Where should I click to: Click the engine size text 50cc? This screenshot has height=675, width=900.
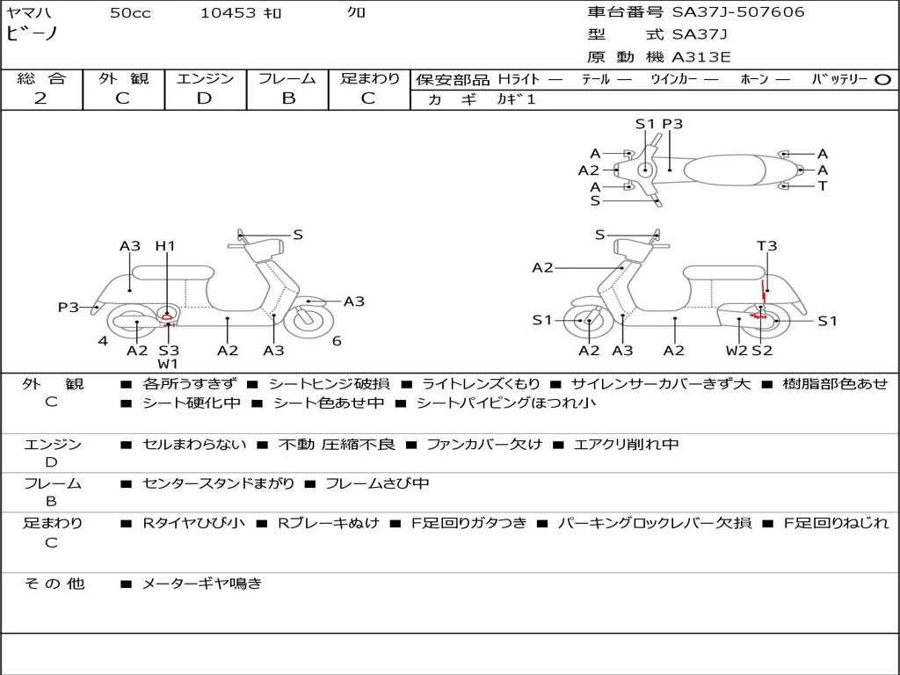[x=130, y=12]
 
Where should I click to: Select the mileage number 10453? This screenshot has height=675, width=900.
[x=228, y=12]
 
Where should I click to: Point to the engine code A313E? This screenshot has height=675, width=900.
[x=700, y=58]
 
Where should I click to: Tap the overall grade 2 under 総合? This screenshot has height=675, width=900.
[x=40, y=98]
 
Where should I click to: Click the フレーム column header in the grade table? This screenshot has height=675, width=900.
[x=287, y=78]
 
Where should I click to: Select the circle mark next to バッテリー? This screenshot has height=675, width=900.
[x=883, y=79]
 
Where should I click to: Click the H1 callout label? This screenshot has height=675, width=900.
[x=165, y=246]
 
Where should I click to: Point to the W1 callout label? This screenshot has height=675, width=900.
[x=168, y=364]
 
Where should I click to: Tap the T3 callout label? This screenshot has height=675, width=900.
[x=766, y=246]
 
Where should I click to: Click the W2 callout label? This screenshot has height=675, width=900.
[x=737, y=351]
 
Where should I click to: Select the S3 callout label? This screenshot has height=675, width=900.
[x=168, y=351]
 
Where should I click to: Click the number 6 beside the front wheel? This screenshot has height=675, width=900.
[x=337, y=341]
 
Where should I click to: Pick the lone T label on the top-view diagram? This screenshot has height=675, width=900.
[x=823, y=186]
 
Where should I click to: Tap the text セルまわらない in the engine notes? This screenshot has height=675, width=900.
[x=194, y=445]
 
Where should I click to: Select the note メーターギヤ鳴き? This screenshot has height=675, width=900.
[x=201, y=584]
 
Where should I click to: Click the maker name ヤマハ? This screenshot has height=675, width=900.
[x=23, y=12]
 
